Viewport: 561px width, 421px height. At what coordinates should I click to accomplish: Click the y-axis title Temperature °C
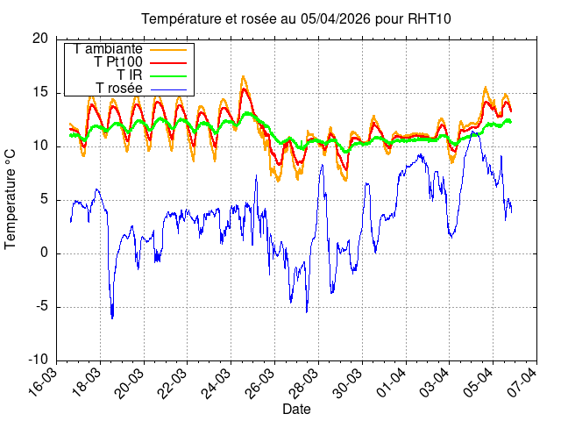coord(11,198)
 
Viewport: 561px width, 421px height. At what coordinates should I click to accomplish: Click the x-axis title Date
coord(296,410)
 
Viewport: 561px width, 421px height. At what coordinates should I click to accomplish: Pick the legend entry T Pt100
coord(118,62)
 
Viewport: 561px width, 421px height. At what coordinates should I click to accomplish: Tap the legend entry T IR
coord(131,75)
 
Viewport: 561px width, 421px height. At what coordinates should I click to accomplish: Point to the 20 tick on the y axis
coord(40,39)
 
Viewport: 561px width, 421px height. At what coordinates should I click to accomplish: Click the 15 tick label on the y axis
coord(40,92)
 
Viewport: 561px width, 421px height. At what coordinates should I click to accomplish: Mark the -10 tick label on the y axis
coord(38,360)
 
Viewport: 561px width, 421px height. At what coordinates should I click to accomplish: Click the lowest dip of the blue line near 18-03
coord(112,318)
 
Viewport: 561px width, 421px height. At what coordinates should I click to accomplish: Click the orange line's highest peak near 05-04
coord(486,87)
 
